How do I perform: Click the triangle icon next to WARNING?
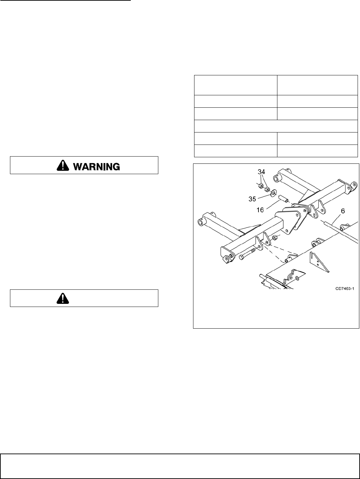pyautogui.click(x=63, y=166)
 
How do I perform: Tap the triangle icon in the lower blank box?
pyautogui.click(x=63, y=298)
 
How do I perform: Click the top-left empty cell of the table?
pyautogui.click(x=235, y=85)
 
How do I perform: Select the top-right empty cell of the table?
pyautogui.click(x=317, y=85)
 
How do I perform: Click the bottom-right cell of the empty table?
pyautogui.click(x=317, y=151)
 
